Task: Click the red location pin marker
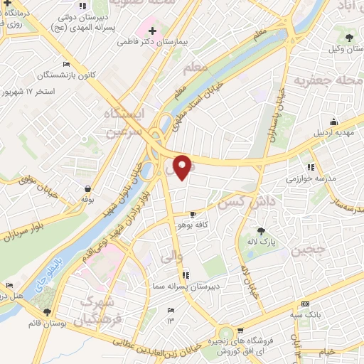click(182, 166)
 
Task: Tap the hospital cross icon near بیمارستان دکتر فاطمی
click(152, 31)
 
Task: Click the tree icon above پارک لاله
click(261, 230)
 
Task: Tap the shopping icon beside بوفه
click(87, 189)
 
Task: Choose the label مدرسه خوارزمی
click(309, 178)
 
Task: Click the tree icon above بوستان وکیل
click(348, 38)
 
